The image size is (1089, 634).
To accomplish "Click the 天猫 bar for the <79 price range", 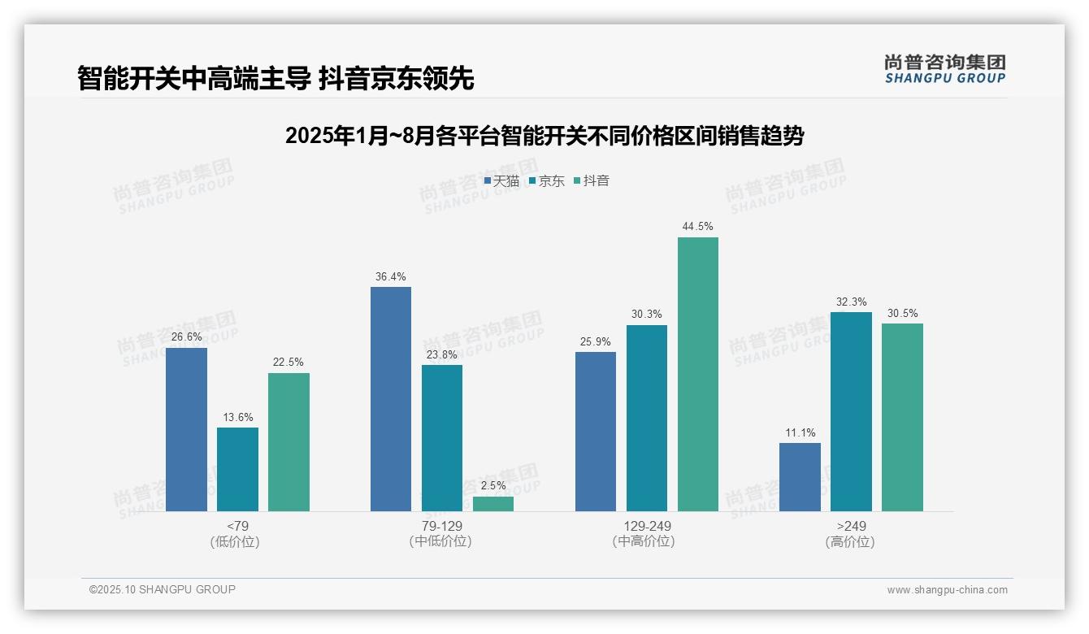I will [x=186, y=429].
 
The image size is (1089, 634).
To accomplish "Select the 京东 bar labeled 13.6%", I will [x=237, y=469].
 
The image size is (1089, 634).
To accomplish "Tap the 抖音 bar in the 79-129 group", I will [x=493, y=504].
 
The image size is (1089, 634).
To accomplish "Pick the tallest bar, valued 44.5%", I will [x=697, y=374].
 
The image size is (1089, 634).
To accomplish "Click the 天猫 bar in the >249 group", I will [x=800, y=477].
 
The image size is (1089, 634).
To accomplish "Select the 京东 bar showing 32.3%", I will [x=851, y=411].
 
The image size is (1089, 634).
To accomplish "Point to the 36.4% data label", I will [x=391, y=277].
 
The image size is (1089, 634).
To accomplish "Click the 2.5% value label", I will [x=493, y=486].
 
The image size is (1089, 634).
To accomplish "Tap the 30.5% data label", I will [x=902, y=314].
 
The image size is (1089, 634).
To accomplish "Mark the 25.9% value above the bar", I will [x=596, y=342].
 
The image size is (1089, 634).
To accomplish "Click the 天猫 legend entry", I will [x=501, y=181].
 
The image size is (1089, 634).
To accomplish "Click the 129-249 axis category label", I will [x=647, y=526].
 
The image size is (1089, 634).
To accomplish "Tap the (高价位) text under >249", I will [x=850, y=541].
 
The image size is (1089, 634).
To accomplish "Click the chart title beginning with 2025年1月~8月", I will [x=544, y=136].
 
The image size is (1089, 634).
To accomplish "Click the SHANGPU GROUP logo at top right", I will [x=944, y=69].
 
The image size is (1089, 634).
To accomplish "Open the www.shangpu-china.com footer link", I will [x=947, y=590].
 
